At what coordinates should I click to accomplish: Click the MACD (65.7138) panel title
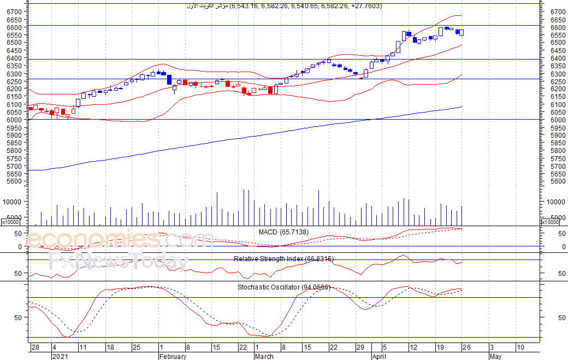[283, 232]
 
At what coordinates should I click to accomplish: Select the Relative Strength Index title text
[283, 258]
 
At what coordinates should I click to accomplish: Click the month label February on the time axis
[173, 357]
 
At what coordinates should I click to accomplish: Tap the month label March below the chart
[264, 357]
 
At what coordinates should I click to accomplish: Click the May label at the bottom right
[495, 357]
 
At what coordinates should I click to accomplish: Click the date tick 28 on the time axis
[35, 347]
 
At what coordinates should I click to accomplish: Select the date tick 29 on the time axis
[360, 347]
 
